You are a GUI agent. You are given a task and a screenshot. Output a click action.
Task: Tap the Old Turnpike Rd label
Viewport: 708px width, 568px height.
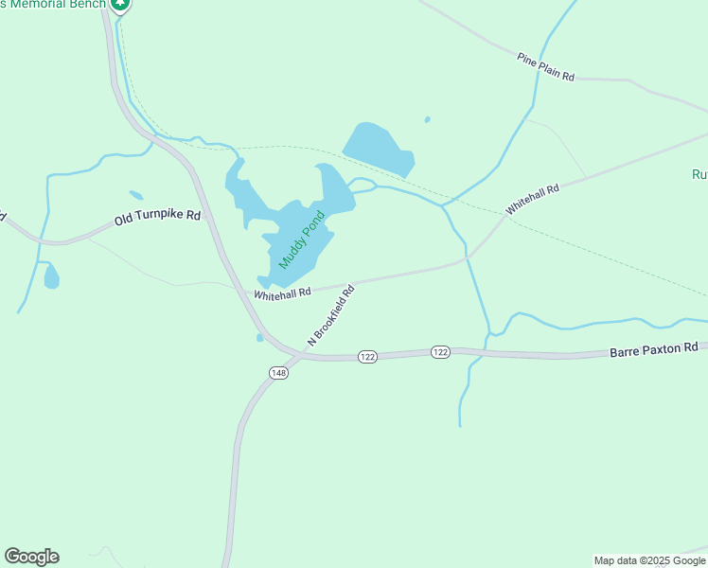158,218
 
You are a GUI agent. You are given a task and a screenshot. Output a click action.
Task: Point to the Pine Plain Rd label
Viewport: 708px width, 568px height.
546,69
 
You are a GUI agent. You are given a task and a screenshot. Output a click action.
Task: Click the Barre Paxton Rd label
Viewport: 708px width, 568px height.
654,348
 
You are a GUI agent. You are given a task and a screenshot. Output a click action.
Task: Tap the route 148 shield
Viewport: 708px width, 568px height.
278,372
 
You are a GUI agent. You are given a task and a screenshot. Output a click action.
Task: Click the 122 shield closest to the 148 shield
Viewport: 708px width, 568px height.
368,356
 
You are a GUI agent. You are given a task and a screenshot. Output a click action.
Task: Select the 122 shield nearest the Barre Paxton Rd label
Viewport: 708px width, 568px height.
440,351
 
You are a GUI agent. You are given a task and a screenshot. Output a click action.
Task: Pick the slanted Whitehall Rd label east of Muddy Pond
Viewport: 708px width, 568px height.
532,200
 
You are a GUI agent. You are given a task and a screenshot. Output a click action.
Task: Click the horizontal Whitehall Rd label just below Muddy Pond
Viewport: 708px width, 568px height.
282,293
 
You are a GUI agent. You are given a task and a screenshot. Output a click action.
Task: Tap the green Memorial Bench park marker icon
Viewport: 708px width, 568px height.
119,5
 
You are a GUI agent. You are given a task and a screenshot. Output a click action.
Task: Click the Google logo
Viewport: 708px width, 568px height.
31,557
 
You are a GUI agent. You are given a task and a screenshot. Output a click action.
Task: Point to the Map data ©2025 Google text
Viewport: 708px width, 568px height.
649,560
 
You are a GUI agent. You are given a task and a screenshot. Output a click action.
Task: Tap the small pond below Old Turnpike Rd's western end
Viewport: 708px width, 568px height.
51,276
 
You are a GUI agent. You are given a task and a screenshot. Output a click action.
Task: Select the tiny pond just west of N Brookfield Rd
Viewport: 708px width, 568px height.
259,337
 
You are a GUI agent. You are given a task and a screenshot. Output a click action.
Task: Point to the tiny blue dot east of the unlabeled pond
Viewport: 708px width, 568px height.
428,119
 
